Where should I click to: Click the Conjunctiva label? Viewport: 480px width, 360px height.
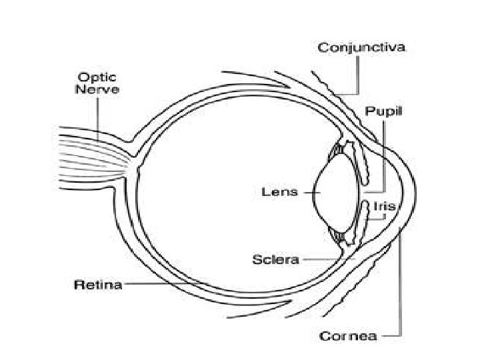[x=361, y=47]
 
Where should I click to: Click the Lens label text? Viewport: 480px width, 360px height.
[x=274, y=192]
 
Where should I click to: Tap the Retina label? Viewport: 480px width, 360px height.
[x=97, y=285]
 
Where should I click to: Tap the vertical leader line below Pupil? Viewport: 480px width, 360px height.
[x=385, y=153]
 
